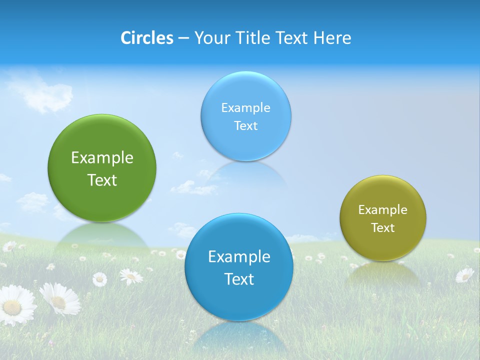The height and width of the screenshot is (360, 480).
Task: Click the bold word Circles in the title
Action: (146, 38)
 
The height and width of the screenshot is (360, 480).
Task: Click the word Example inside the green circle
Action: (102, 158)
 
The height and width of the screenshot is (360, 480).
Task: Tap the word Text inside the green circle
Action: (102, 180)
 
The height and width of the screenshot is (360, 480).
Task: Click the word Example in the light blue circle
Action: (245, 108)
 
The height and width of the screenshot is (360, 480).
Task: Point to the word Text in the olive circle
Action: (383, 228)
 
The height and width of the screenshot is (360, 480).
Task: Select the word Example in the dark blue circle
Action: (239, 257)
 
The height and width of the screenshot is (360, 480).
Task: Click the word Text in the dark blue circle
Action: (239, 279)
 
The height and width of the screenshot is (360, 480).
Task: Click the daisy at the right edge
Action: (464, 275)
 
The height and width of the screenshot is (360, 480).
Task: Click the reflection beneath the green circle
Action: (102, 237)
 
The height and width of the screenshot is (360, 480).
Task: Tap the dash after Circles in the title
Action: (183, 38)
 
